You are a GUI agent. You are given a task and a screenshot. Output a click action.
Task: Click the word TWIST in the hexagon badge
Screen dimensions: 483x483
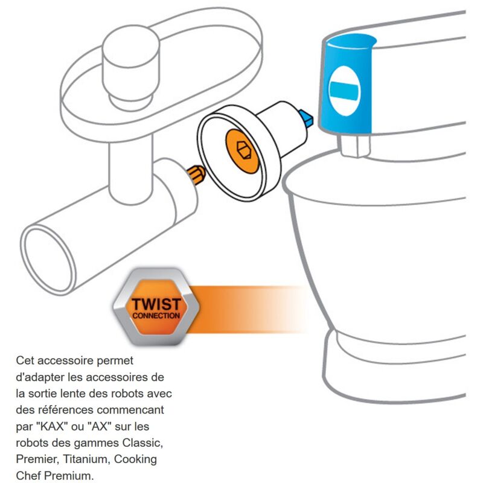156,304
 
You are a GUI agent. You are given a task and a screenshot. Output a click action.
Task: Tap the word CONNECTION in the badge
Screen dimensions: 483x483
156,316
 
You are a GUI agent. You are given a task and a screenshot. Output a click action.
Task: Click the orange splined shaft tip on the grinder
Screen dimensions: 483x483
196,174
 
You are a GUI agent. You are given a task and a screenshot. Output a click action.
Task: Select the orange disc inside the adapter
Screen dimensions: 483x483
243,151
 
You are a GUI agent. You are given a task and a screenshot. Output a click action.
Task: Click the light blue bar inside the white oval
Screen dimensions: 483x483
344,89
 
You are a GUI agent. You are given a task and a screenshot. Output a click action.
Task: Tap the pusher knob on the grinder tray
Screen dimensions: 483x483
131,67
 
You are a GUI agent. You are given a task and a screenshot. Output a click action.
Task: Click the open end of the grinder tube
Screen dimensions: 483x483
48,260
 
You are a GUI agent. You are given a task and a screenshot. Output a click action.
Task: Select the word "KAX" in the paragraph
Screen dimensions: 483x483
52,426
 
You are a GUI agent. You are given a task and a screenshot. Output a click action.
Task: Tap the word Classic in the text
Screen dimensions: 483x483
142,443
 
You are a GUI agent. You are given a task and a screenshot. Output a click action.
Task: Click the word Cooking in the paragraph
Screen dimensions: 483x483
135,459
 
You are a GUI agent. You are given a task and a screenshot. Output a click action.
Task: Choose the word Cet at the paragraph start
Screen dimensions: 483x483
25,360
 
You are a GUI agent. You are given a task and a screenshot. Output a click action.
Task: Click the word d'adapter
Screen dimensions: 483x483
40,377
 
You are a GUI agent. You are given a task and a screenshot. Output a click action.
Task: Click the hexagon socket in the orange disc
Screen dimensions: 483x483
245,150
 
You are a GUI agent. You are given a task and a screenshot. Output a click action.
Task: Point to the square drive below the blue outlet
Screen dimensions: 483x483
355,146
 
